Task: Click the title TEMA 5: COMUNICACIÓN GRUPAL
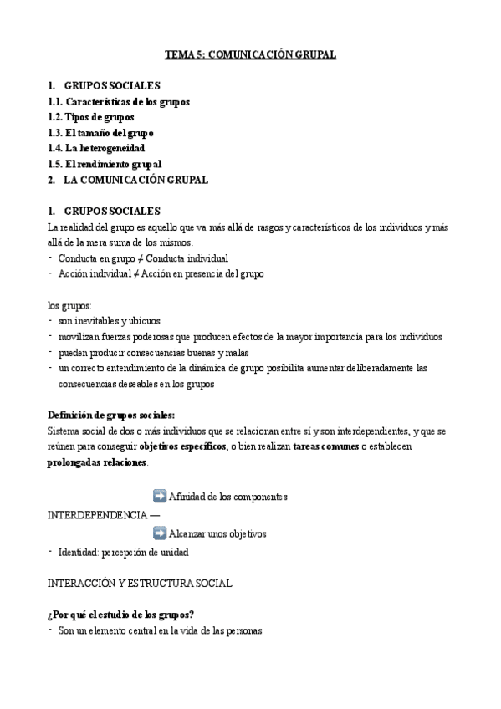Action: click(250, 55)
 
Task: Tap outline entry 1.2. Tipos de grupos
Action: click(91, 117)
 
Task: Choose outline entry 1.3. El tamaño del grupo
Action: click(100, 133)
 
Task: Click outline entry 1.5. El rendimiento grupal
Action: click(105, 164)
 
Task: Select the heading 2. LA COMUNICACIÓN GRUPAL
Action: click(128, 180)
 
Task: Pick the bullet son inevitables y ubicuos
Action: click(109, 320)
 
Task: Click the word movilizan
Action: click(80, 336)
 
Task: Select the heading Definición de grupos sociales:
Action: click(111, 415)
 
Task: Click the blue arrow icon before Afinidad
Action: click(160, 496)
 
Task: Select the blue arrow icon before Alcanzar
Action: click(160, 533)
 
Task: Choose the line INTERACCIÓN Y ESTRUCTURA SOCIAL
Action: click(140, 582)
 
